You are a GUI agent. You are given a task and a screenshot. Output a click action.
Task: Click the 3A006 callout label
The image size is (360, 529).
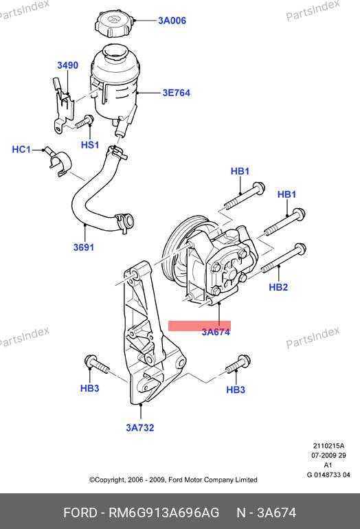[x=172, y=21]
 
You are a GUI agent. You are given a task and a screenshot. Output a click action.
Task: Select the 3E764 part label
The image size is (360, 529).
[x=176, y=93]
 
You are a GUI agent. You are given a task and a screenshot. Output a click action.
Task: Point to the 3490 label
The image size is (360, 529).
[x=67, y=65]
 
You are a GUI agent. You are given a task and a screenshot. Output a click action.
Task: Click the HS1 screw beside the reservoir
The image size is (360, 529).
[x=85, y=122]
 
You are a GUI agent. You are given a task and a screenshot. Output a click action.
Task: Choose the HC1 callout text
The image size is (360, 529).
[x=21, y=149]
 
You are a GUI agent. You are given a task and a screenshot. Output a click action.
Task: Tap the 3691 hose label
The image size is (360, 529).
[x=84, y=247]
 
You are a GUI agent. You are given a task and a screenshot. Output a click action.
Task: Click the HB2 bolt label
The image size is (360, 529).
[x=278, y=287]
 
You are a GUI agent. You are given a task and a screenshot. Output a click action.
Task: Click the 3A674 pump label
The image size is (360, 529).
[x=216, y=332]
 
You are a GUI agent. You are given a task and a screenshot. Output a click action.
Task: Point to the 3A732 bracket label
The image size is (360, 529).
[x=140, y=428]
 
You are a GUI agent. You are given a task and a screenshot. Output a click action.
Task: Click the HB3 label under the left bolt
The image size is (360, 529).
[x=90, y=388]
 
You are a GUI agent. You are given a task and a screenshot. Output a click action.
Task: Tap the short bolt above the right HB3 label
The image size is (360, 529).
[x=238, y=363]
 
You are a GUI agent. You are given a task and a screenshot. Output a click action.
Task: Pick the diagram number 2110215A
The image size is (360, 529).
[x=328, y=446]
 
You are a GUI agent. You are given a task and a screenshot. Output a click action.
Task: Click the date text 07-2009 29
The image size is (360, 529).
[x=328, y=455]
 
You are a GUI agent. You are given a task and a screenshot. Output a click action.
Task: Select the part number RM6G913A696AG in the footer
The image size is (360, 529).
[x=164, y=513]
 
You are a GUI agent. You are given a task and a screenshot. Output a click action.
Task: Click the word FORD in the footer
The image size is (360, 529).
[x=80, y=513]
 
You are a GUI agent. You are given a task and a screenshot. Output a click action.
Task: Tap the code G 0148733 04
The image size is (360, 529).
[x=328, y=475]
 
